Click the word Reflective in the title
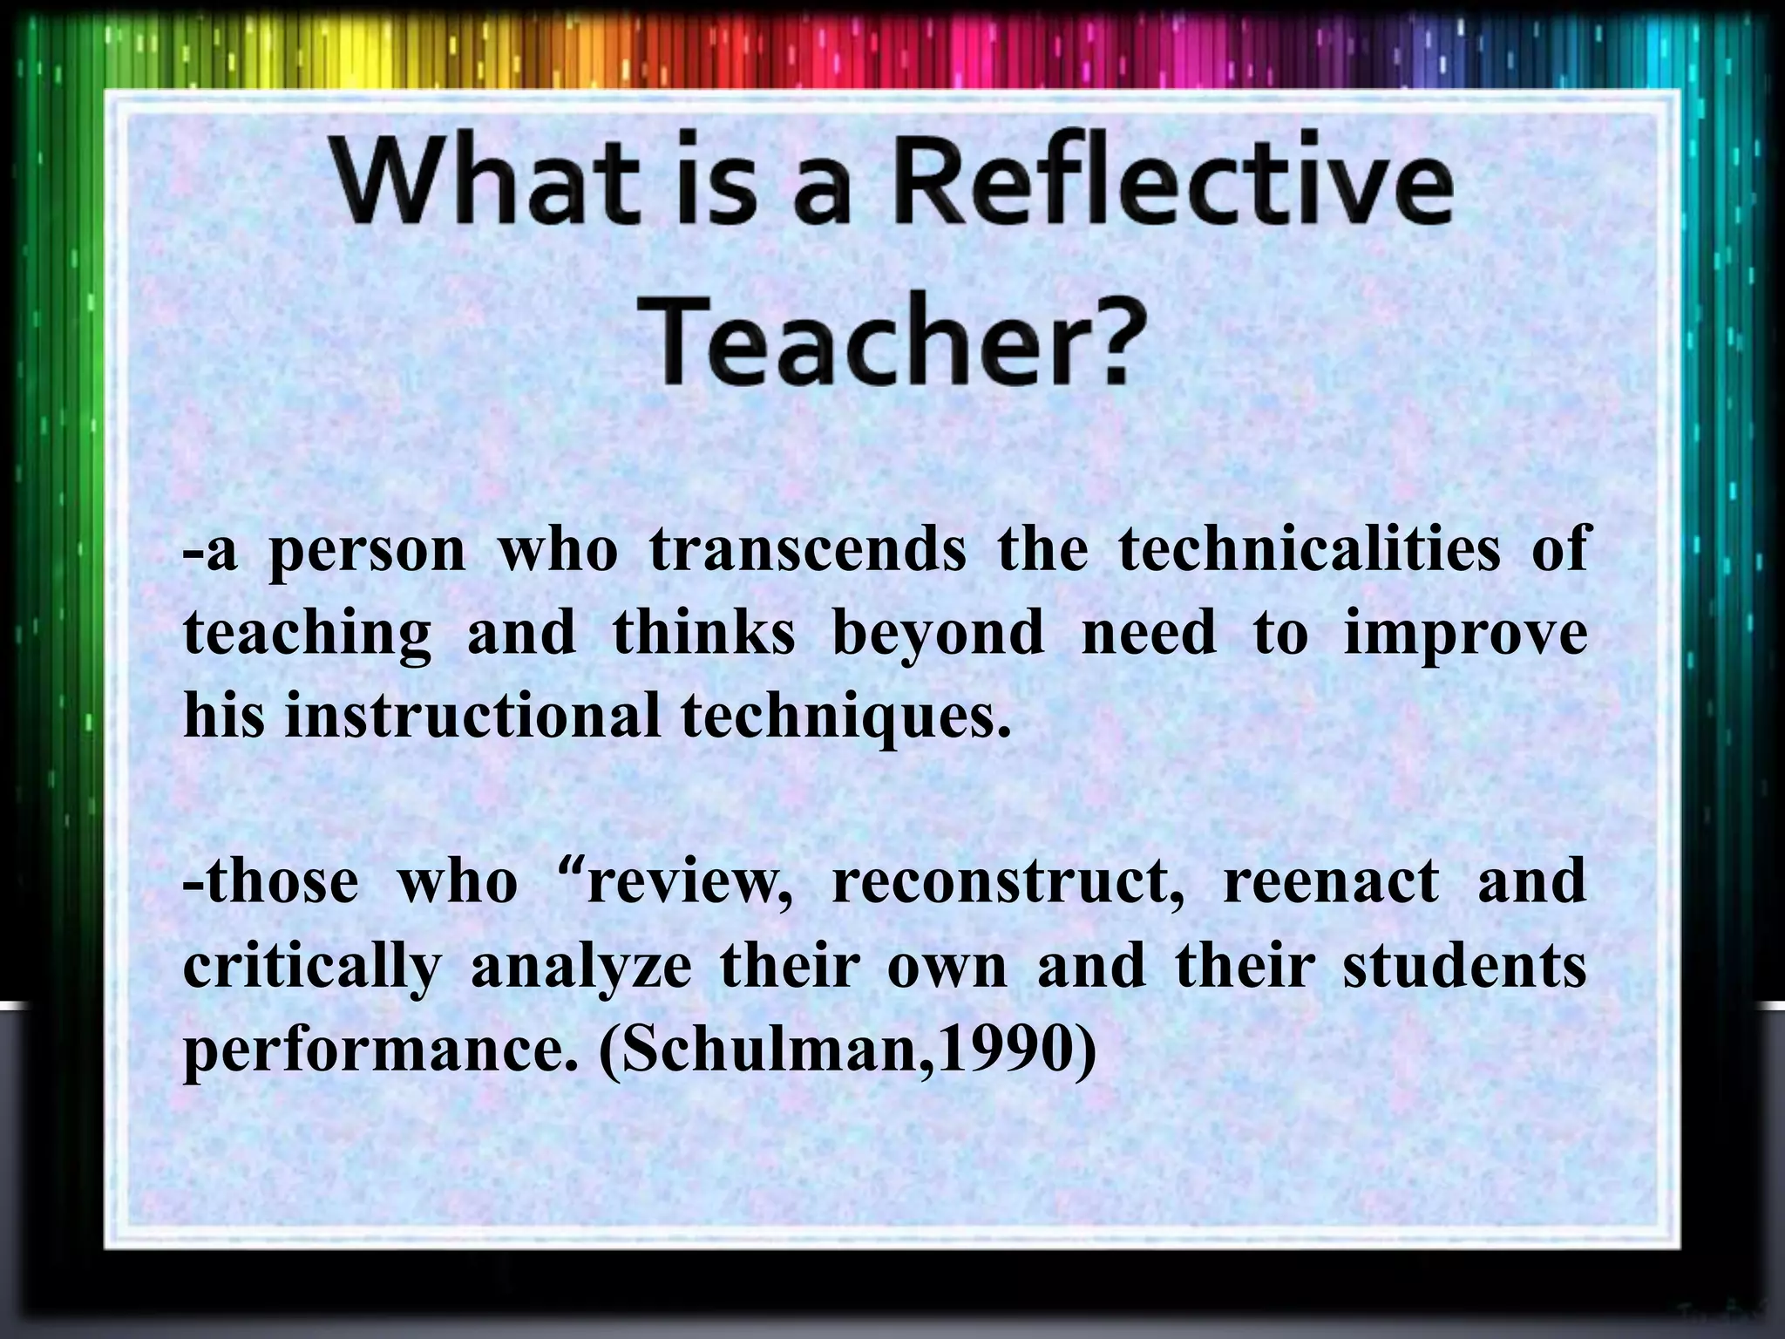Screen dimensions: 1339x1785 pos(1172,186)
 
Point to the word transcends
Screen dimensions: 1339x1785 pos(808,549)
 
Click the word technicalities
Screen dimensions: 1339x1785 pos(1309,549)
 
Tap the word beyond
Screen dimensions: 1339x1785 pos(938,634)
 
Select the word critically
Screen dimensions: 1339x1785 pos(312,968)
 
